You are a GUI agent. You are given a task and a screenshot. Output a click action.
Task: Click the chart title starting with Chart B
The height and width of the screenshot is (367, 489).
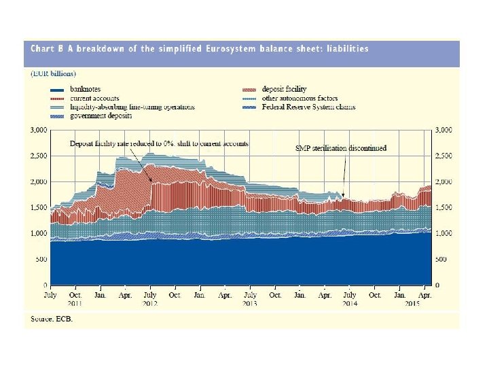point(200,49)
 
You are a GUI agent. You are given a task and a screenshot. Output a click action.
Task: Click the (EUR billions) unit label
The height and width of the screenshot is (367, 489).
point(53,73)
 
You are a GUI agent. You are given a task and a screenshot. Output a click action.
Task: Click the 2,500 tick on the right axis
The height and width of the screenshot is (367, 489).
point(443,156)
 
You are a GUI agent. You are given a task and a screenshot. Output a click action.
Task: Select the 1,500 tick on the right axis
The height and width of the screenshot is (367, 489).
point(443,207)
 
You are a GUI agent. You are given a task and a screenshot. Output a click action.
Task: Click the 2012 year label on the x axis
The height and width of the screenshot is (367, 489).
point(149,302)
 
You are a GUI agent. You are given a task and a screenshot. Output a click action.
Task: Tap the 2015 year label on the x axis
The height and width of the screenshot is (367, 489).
point(411,302)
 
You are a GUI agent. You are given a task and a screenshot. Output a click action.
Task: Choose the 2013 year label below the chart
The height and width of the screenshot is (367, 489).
point(249,302)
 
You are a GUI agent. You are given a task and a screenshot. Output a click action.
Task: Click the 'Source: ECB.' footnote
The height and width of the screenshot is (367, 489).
point(52,319)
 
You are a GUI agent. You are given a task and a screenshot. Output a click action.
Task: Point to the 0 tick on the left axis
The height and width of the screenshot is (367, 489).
point(44,285)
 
